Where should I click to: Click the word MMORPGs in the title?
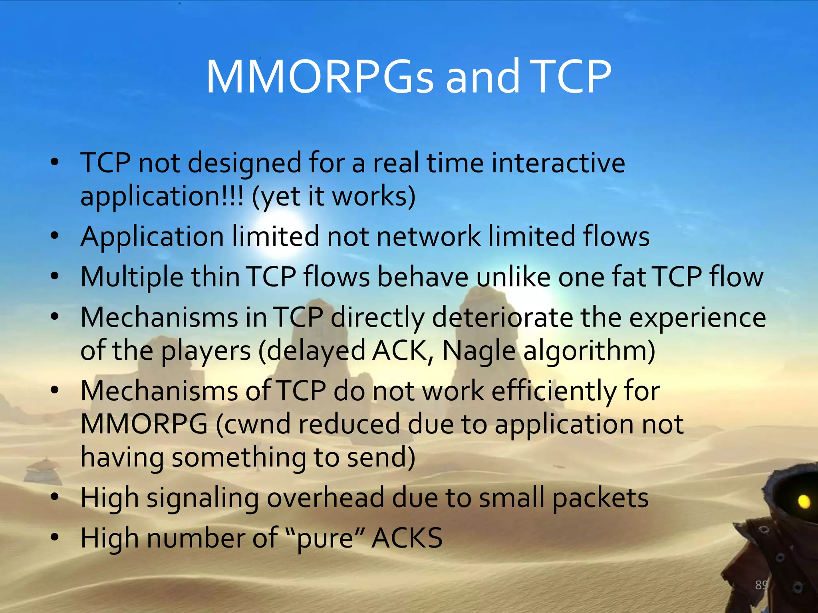coord(320,77)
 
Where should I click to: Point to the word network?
coord(428,236)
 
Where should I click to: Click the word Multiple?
coord(132,277)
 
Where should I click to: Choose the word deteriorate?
coord(502,318)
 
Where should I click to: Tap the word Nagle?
coord(479,351)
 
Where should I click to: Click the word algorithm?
coord(589,351)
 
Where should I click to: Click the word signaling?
coord(203,499)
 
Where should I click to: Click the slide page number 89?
coord(761,585)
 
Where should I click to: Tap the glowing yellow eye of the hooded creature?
coord(804,501)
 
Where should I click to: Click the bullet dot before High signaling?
coord(55,497)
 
